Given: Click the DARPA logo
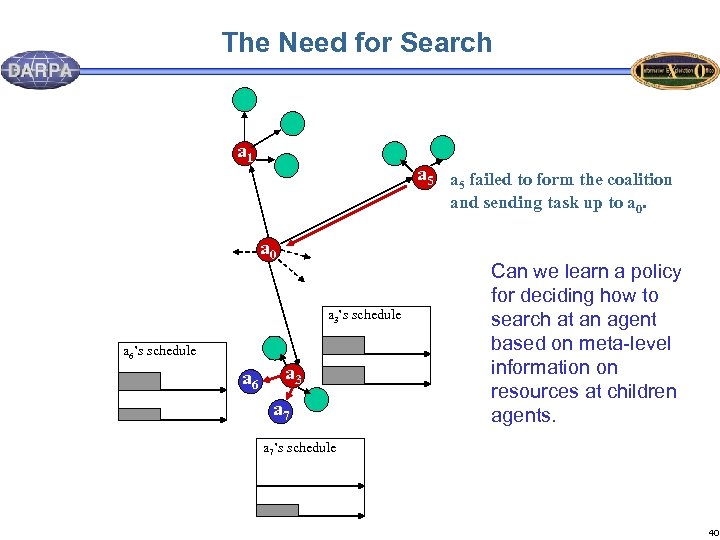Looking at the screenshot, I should pos(41,70).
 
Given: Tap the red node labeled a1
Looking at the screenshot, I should pos(243,153).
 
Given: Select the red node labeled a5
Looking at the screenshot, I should pos(424,178).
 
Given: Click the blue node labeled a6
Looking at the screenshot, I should pos(251,381).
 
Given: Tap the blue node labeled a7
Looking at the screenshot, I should pos(282,410).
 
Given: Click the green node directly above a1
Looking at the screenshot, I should pos(245,98).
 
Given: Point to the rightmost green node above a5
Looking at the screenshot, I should pos(442,146).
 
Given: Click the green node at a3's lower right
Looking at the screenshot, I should pos(316,397).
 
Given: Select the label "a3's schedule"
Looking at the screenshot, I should pos(365,315).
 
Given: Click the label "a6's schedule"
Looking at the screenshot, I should pos(159,352).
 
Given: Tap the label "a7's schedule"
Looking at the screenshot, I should pos(299,448).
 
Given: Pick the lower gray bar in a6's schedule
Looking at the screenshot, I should pos(139,414).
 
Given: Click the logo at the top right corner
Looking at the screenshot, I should pos(674,71).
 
